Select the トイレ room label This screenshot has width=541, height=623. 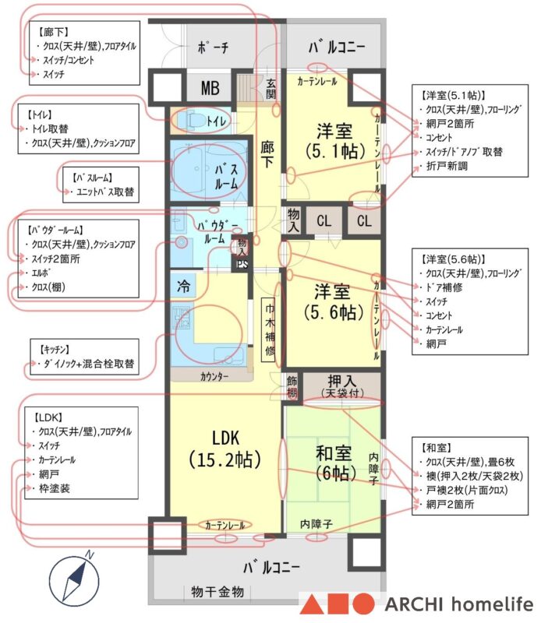coord(217,121)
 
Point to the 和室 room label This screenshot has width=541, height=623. coord(334,463)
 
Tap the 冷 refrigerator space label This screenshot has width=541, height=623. coord(182,284)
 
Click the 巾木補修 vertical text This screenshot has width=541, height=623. coord(269,326)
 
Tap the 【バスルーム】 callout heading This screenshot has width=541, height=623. coord(96,177)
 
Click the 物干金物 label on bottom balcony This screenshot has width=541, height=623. coord(217,593)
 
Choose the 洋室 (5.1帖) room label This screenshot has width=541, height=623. coord(335,139)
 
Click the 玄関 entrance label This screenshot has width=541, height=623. coord(270,90)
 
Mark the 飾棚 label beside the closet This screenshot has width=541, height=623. coord(292,386)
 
